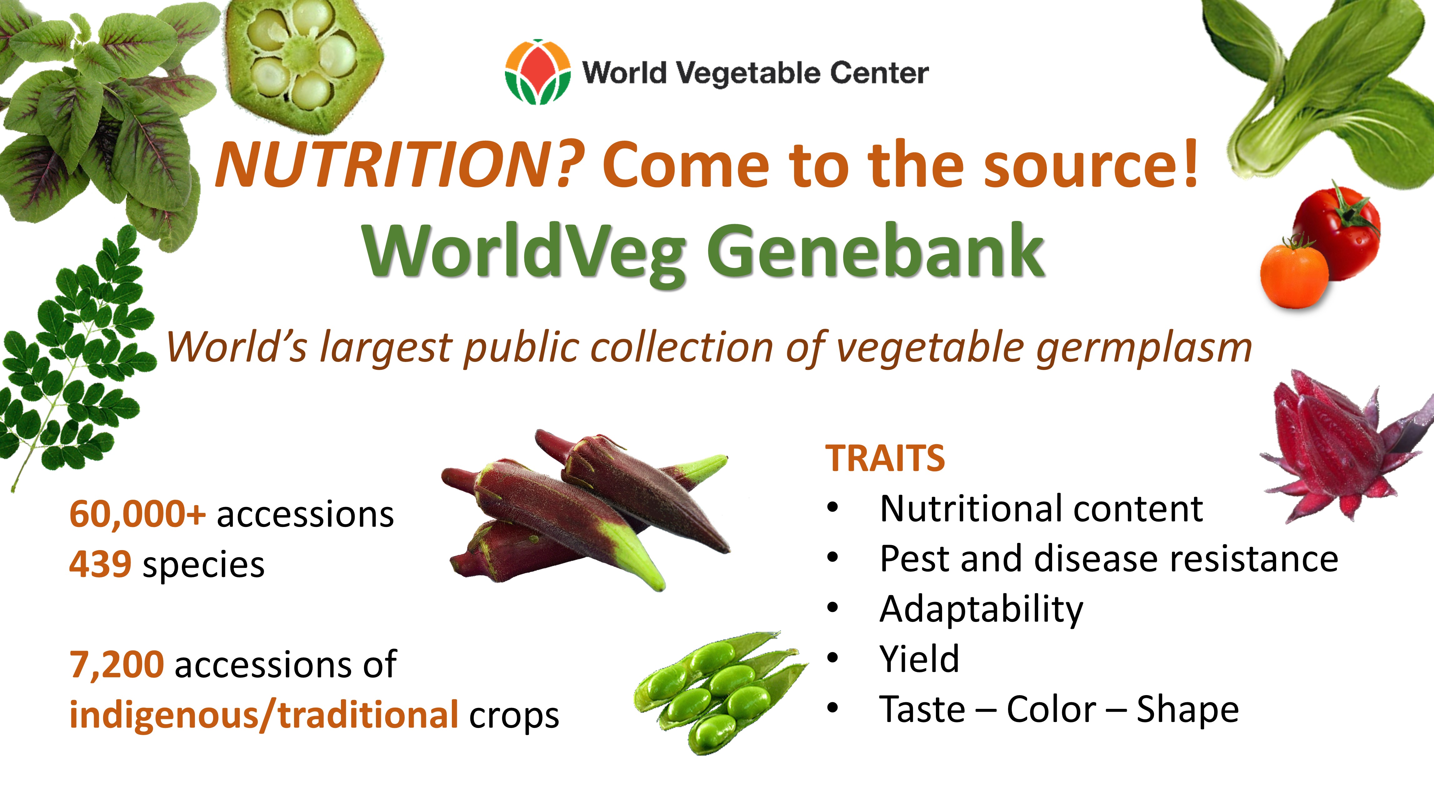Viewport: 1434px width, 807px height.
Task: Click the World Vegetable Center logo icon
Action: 538,72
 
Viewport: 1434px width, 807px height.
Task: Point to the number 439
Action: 100,564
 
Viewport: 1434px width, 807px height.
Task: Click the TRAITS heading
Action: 885,459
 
